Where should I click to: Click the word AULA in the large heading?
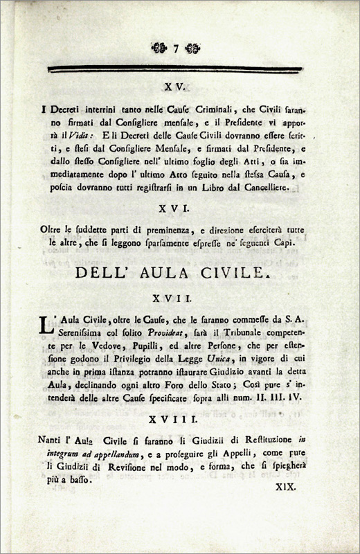(180, 272)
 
